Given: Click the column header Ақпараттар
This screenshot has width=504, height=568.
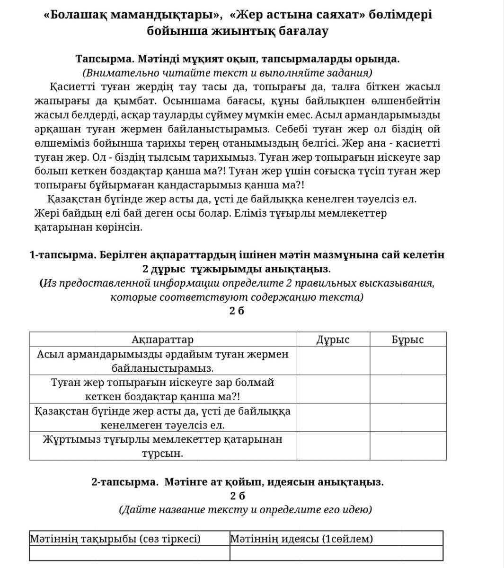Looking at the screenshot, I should (162, 340).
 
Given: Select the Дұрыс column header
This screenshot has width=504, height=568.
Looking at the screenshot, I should (333, 340).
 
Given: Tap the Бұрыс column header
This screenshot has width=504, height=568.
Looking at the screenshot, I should (407, 340).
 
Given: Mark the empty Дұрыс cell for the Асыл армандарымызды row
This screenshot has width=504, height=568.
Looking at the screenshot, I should (333, 361).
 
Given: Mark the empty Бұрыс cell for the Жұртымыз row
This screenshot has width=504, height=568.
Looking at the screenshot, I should (407, 446).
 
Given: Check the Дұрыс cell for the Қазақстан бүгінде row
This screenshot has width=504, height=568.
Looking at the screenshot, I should (333, 418).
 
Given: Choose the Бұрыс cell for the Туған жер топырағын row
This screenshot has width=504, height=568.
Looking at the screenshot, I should (407, 389).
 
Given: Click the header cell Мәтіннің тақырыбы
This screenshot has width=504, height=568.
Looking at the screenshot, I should (115, 539).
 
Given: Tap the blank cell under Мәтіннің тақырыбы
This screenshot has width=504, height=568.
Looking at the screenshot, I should (129, 553).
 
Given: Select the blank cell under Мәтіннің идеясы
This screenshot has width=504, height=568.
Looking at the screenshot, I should (336, 553).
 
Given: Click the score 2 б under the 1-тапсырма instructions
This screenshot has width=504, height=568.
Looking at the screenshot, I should (237, 311).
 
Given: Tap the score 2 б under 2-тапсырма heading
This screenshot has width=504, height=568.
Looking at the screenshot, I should (238, 496).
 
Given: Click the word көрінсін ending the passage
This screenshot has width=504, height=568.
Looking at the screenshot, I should (120, 227).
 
